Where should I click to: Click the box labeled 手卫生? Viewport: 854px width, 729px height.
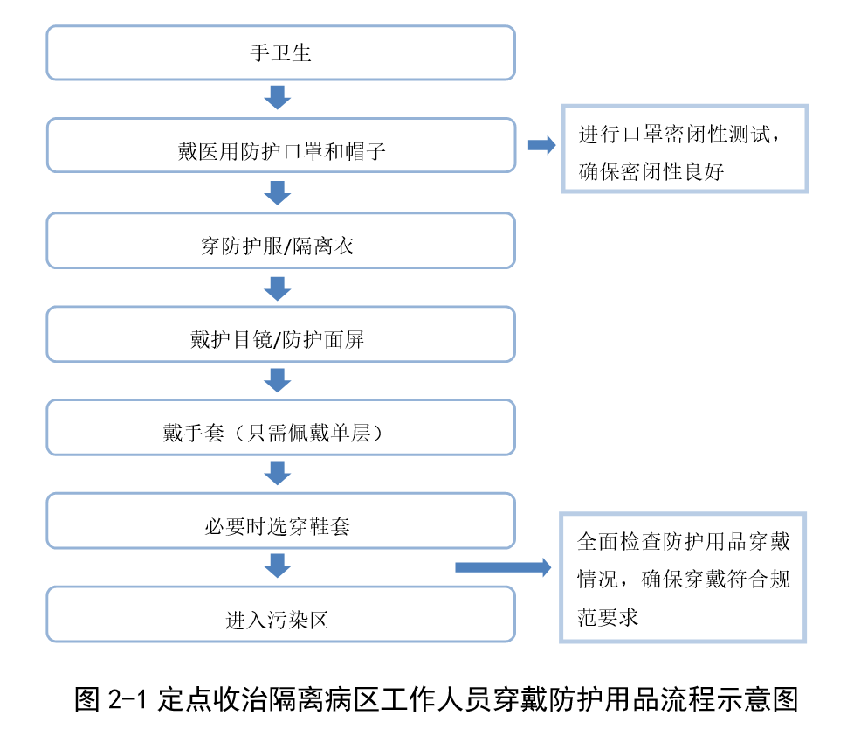280,53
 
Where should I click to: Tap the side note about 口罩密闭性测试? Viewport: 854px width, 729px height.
684,149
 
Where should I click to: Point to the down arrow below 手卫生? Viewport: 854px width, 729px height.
278,97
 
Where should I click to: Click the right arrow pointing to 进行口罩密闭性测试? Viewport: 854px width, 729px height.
541,146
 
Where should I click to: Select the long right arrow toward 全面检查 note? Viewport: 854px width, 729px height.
502,567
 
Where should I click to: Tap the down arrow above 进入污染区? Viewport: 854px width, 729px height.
278,566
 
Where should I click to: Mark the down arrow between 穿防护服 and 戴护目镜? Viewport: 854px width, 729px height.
278,288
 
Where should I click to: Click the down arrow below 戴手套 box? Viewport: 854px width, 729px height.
278,473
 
